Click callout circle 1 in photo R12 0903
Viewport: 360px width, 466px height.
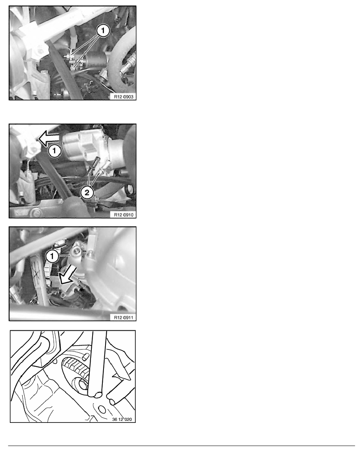(x=103, y=31)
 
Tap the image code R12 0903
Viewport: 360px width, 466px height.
(x=124, y=96)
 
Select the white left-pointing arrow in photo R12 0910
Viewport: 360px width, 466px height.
(x=49, y=139)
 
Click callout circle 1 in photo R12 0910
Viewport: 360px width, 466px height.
(x=55, y=151)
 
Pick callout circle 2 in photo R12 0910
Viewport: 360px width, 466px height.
(x=87, y=193)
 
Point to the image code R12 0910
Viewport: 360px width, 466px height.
(x=124, y=215)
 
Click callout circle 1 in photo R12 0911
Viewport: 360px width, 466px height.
(x=52, y=256)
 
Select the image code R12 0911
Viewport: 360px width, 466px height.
(x=124, y=317)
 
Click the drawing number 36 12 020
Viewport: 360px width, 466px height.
(x=122, y=419)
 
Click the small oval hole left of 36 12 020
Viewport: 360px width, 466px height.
(x=102, y=410)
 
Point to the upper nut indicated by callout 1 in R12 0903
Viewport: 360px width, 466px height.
(x=69, y=55)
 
